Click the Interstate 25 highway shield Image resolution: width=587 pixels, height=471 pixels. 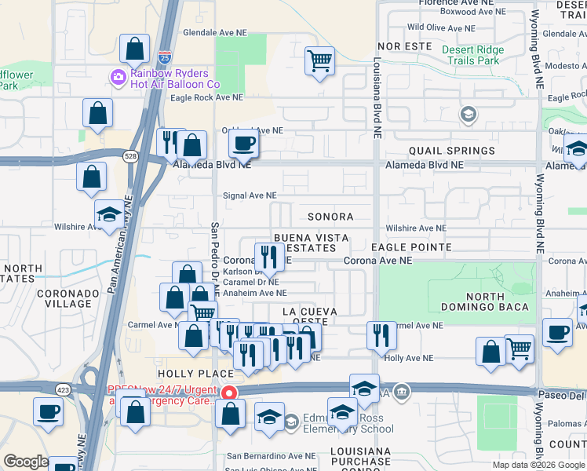(163, 57)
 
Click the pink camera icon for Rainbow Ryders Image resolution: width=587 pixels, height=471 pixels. (118, 76)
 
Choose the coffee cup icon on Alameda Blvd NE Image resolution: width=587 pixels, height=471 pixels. (243, 144)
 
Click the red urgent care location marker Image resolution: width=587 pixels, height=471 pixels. (229, 392)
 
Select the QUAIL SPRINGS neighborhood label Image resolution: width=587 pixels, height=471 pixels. (452, 151)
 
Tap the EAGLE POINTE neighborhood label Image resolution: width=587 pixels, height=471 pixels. (411, 247)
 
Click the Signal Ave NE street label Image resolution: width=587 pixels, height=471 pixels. (250, 195)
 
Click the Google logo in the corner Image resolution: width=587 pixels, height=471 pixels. (26, 462)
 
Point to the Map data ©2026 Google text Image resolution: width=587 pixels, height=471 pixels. (538, 465)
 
